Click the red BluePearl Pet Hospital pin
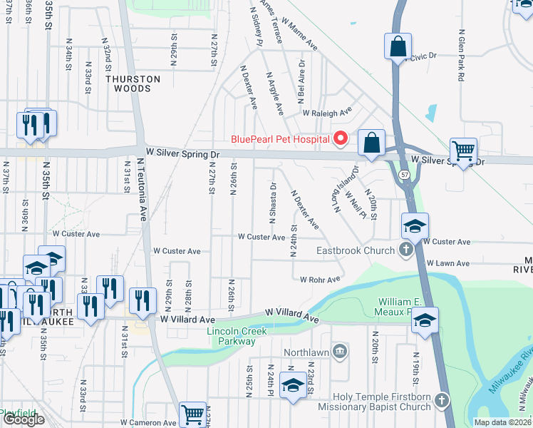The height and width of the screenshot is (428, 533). coord(341,138)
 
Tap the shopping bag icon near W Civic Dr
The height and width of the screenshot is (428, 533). coord(397,46)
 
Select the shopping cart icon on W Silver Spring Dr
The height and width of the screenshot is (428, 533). coord(463,151)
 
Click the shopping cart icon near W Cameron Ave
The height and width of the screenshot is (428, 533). coord(192,413)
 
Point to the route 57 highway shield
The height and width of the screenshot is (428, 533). coord(404,174)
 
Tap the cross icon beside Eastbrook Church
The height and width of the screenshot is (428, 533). coord(405,250)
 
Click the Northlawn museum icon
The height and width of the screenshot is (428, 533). coord(341,350)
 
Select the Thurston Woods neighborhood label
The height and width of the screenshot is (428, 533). coord(129,84)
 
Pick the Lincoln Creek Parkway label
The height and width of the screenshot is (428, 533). coord(231,336)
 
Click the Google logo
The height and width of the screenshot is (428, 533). coord(23,419)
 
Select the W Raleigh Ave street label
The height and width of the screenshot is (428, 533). coord(327,113)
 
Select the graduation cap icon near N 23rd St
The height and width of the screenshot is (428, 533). coord(292,384)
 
